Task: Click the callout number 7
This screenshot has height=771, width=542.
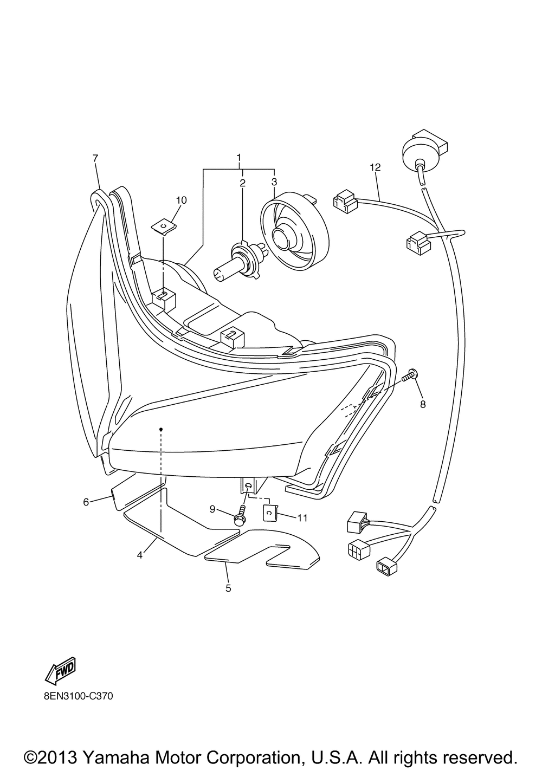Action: (x=95, y=158)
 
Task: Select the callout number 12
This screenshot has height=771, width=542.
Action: (x=376, y=167)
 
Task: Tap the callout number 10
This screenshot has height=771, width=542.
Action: (x=182, y=200)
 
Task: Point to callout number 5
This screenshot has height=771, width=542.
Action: (x=228, y=588)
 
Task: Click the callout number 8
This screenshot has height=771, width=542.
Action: (x=423, y=404)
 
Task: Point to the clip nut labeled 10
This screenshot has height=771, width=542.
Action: (x=165, y=227)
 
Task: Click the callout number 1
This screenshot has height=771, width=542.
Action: (x=238, y=158)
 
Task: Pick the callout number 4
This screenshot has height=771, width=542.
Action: (x=139, y=555)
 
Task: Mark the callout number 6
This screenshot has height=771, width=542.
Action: (x=86, y=502)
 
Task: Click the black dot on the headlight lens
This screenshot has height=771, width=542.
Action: (x=161, y=429)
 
